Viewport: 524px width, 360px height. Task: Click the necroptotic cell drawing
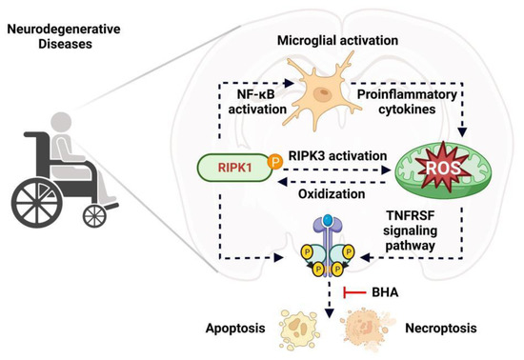click(x=367, y=330)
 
